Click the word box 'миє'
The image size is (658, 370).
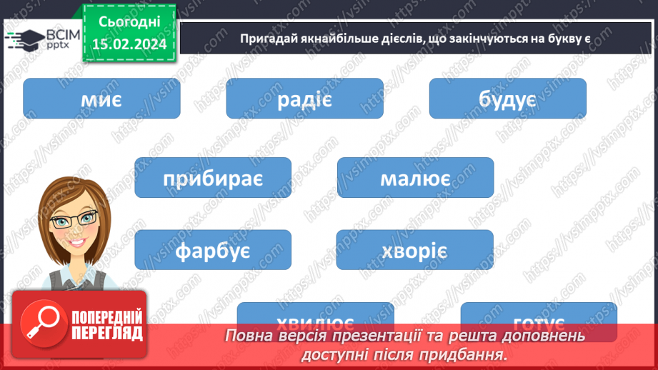(101, 99)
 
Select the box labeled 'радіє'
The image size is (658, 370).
(304, 99)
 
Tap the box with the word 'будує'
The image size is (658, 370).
(507, 99)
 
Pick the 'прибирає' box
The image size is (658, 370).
(213, 178)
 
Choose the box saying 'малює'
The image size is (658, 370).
(415, 178)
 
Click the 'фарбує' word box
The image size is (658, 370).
(213, 250)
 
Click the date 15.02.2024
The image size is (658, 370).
(129, 45)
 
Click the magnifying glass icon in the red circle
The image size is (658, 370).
(42, 323)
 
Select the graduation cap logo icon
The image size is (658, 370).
(24, 38)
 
